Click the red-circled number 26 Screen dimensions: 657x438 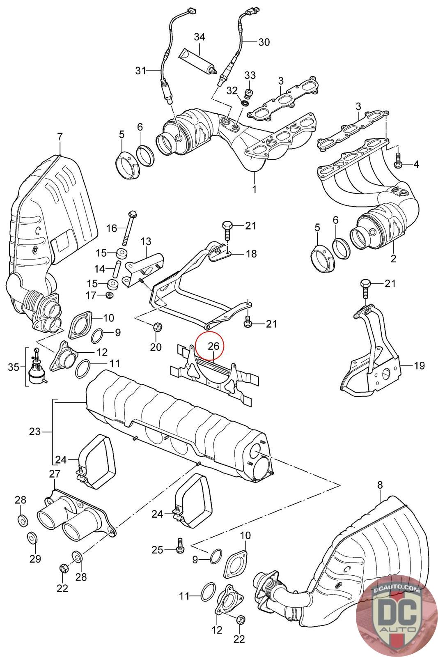[213, 346]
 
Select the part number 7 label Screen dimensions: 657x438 [60, 136]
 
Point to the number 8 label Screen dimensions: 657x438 [380, 485]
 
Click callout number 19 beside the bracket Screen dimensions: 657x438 [419, 365]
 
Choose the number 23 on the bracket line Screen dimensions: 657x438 [35, 432]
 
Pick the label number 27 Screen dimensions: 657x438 [55, 474]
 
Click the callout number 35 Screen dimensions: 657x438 [14, 367]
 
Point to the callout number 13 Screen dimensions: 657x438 [146, 241]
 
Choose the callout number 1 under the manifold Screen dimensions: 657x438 [254, 189]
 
